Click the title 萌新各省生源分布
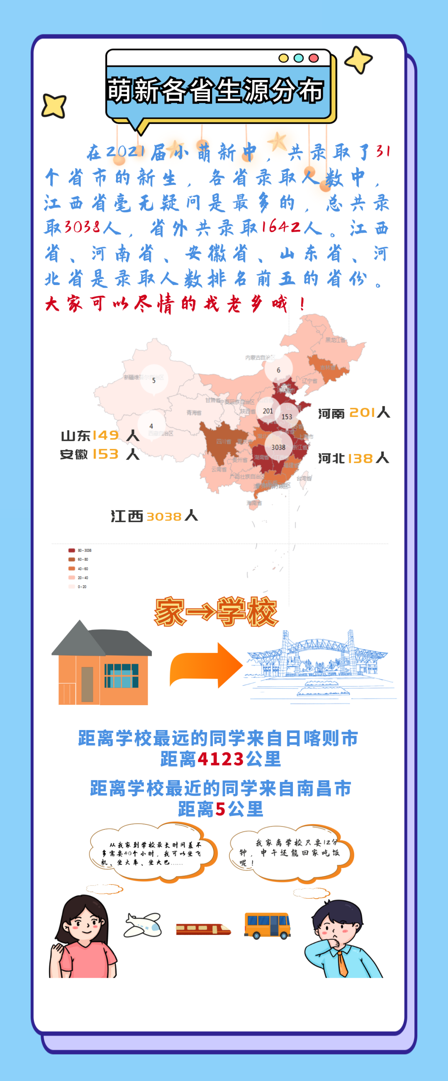(x=216, y=90)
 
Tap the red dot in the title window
(x=314, y=58)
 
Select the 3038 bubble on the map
(x=278, y=447)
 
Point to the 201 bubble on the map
(x=268, y=411)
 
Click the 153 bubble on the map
(x=287, y=417)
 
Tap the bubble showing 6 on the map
(x=278, y=370)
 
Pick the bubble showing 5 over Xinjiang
(x=154, y=380)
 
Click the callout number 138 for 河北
(x=360, y=458)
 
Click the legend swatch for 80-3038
(x=71, y=550)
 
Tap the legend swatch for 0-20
(x=71, y=587)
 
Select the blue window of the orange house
(x=121, y=676)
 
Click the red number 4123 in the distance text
(x=221, y=759)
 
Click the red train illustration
(x=203, y=929)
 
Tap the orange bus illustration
(x=267, y=925)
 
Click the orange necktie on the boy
(x=343, y=963)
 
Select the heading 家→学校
(x=216, y=612)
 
